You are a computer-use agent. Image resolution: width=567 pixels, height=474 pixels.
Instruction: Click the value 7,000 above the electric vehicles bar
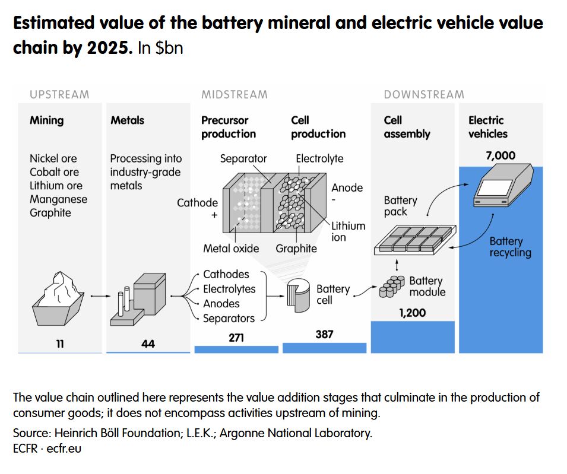[x=500, y=156]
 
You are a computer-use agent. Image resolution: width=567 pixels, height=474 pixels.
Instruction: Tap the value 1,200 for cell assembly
[x=412, y=313]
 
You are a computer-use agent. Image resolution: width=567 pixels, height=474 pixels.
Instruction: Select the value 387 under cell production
[x=324, y=335]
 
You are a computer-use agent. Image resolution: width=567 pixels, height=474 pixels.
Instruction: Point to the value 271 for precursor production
[x=236, y=338]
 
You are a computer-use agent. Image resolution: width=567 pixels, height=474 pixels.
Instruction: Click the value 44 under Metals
[x=148, y=343]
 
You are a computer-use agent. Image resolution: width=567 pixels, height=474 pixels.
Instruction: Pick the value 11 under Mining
[x=60, y=343]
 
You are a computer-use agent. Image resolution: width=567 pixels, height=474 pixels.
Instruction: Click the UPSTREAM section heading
[x=59, y=94]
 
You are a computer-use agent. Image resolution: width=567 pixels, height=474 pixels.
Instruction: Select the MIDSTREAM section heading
[x=235, y=94]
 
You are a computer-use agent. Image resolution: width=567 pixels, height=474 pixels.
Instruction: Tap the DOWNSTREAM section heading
[x=424, y=94]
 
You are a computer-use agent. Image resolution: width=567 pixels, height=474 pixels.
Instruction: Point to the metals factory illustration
[x=139, y=300]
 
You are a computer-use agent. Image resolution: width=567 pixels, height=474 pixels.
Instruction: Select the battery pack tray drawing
[x=415, y=240]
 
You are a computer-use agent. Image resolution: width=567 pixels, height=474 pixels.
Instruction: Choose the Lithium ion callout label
[x=348, y=231]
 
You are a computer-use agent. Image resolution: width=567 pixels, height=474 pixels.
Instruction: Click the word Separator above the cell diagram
[x=243, y=158]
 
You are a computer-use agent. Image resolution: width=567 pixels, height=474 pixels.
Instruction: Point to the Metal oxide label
[x=231, y=249]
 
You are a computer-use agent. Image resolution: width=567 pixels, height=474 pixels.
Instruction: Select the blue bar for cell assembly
[x=413, y=337]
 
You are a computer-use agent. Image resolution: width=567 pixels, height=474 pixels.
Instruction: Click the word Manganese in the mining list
[x=58, y=199]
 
